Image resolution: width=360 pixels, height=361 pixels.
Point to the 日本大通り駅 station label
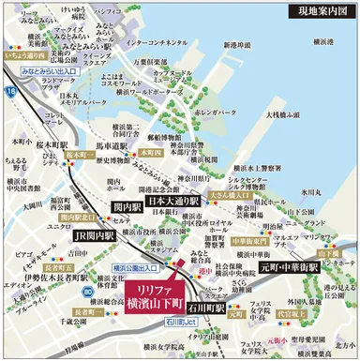174,201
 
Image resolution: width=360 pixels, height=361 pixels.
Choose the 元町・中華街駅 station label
290,267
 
